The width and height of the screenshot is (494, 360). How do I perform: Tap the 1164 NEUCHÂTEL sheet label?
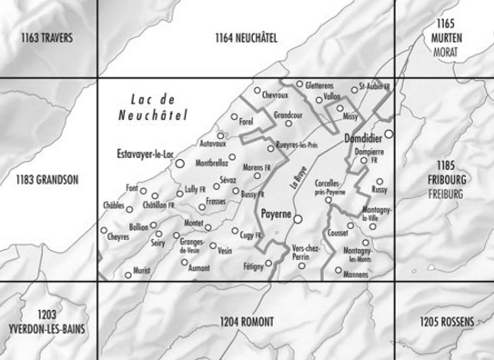click(246, 37)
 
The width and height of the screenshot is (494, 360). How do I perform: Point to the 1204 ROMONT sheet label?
click(247, 322)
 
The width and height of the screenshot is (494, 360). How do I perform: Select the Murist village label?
click(143, 270)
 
